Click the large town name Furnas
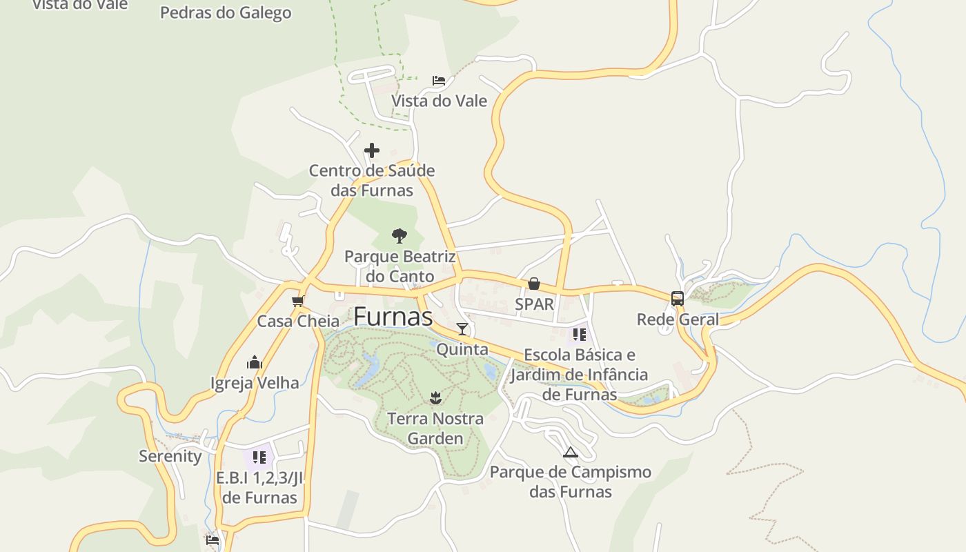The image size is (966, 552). [x=393, y=317]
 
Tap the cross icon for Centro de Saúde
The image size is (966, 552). [x=372, y=150]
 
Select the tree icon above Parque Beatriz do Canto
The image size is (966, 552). [x=399, y=236]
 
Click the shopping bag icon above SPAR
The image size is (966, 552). [x=533, y=284]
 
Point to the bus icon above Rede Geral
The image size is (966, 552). [x=678, y=299]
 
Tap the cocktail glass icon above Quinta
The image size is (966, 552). [x=462, y=329]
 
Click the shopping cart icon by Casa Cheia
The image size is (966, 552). [x=298, y=302]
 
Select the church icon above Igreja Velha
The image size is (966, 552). [x=255, y=362]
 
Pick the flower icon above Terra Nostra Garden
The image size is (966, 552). [x=435, y=397]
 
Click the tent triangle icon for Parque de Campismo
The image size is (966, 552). [x=570, y=453]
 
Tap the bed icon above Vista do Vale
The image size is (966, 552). [x=439, y=81]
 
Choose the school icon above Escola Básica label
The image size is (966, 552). [x=579, y=335]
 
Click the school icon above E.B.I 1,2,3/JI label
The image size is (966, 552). [x=259, y=457]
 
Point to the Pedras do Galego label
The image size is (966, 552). [x=226, y=12]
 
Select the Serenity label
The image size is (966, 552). [x=170, y=456]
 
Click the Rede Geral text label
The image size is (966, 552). [x=678, y=319]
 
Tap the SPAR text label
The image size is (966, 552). [x=535, y=304]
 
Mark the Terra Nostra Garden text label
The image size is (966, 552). [x=435, y=428]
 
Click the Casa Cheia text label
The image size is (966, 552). [x=298, y=322]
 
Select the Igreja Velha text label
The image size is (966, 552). [x=255, y=383]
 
